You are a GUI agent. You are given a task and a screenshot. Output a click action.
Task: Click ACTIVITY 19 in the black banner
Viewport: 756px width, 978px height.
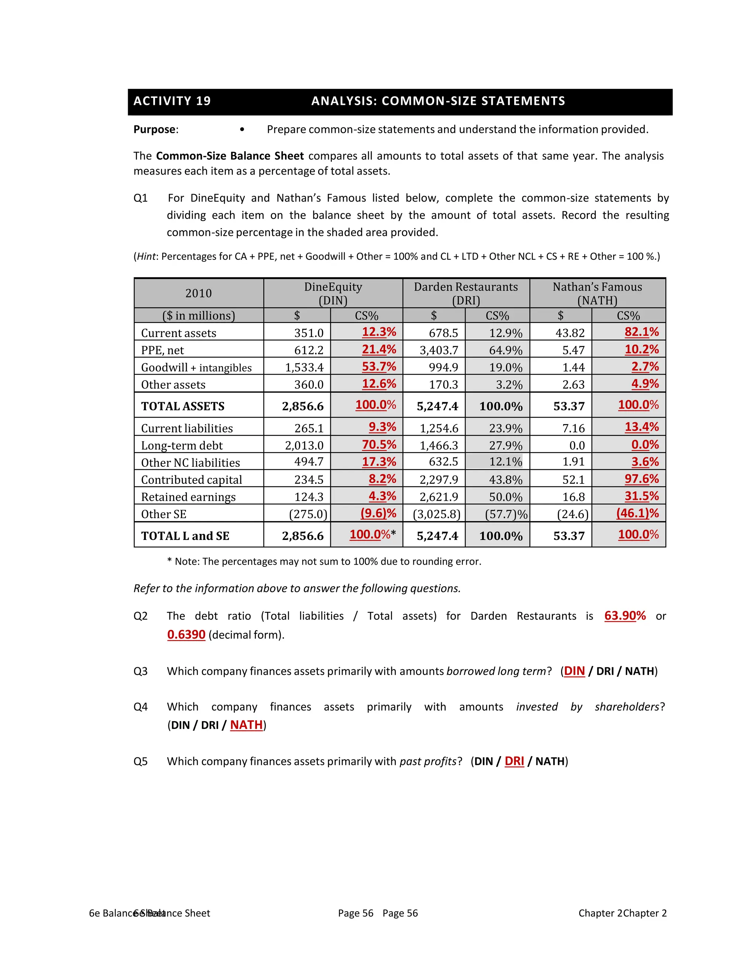point(172,101)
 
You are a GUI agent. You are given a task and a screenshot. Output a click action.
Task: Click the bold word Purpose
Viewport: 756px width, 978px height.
point(154,130)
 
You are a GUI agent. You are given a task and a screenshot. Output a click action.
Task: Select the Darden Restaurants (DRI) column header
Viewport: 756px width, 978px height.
point(466,293)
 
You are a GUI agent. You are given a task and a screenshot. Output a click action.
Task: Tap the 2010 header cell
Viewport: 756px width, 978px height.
point(198,293)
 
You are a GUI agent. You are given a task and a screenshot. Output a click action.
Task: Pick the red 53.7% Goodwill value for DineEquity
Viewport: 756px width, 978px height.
point(379,367)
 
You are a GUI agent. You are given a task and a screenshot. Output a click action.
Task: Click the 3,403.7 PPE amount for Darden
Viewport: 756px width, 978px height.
point(439,350)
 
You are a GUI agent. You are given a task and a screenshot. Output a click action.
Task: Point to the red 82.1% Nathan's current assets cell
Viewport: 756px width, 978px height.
point(641,332)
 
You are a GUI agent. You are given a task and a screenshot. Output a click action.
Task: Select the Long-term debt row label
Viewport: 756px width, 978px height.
point(182,445)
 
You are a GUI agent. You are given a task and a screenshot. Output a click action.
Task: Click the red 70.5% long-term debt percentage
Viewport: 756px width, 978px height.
point(379,445)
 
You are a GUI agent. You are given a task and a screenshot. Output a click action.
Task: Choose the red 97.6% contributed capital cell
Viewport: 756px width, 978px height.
point(641,479)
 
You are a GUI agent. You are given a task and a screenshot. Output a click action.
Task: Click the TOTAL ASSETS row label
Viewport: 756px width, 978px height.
point(183,406)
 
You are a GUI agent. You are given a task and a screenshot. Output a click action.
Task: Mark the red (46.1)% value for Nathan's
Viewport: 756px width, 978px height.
point(637,513)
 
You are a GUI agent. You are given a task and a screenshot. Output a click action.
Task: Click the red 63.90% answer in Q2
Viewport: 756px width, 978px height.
point(625,616)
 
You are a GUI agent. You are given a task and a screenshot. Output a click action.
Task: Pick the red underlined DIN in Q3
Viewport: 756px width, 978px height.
point(574,671)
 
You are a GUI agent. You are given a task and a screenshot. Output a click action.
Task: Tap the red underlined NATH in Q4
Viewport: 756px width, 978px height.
point(246,725)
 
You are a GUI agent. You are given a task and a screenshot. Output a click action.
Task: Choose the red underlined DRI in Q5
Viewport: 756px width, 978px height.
point(514,762)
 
